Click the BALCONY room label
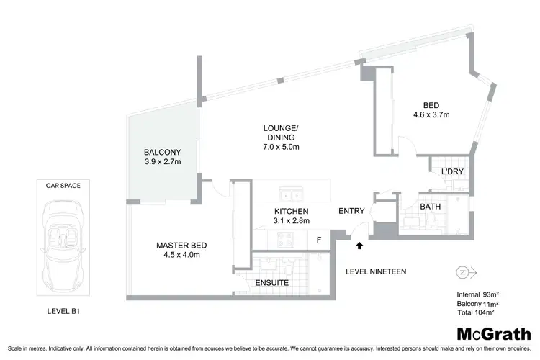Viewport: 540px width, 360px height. coord(162,152)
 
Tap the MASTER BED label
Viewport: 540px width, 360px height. coord(177,245)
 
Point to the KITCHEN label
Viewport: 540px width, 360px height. coord(292,211)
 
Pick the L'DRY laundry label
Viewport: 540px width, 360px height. coord(451,171)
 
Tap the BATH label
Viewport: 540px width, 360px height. coord(431,207)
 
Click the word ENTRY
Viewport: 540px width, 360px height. coord(351,211)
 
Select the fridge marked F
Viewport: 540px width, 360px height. coord(318,239)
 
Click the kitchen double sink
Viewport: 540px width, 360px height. coord(291,194)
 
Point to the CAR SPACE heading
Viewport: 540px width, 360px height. coord(61,185)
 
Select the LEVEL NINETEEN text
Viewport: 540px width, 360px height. coord(377,271)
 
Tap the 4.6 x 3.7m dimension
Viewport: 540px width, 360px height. coord(431,114)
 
